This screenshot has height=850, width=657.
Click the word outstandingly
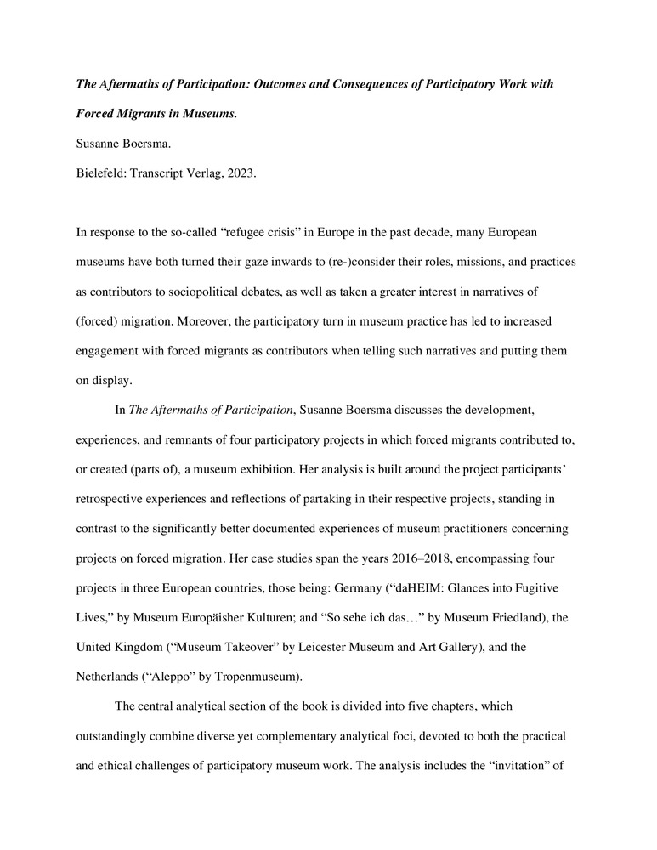click(115, 736)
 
